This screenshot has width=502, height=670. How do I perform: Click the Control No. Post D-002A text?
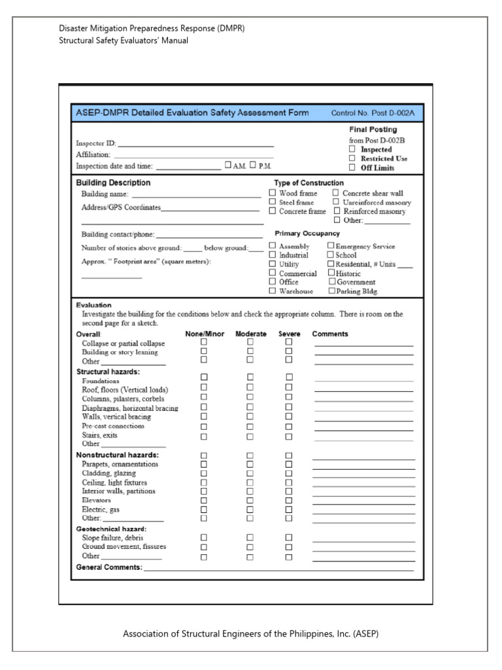tap(373, 113)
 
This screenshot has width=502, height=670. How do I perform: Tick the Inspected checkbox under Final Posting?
tap(352, 149)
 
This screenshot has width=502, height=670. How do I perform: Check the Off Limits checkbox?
tap(352, 167)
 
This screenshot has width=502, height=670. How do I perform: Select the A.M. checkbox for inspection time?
tap(228, 166)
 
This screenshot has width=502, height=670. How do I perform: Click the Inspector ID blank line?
tap(195, 144)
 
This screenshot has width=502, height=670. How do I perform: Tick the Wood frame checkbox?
tap(273, 193)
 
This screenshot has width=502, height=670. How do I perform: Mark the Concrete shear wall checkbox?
tap(336, 193)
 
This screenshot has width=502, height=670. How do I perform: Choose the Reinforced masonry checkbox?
tap(337, 211)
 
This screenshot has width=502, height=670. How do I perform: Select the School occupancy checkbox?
tap(331, 255)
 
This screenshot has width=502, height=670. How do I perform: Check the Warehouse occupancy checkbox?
tap(273, 291)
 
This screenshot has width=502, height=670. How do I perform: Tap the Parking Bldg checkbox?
tap(332, 291)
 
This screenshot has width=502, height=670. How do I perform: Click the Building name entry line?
tap(196, 195)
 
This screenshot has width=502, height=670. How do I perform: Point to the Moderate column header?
tap(251, 334)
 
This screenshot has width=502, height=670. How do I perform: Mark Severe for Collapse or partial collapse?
tap(289, 342)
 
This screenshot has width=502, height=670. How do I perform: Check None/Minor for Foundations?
tap(204, 377)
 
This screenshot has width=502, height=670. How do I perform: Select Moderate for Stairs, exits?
tap(250, 436)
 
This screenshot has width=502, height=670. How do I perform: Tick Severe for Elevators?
tap(289, 500)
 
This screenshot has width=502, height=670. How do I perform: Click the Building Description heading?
tap(113, 183)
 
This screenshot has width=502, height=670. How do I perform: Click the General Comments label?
tap(109, 567)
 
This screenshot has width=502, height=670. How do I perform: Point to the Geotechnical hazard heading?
tap(111, 529)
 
